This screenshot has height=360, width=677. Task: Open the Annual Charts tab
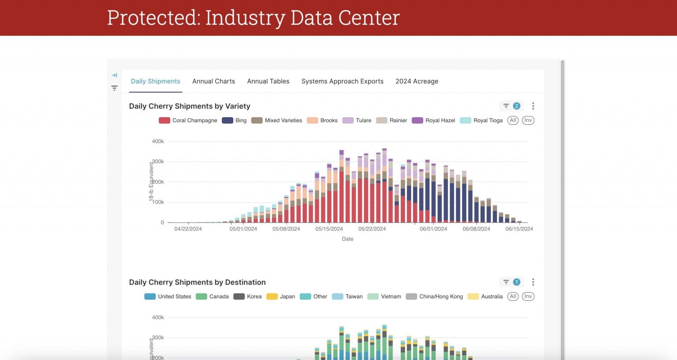(213, 81)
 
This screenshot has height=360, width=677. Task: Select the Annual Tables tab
(268, 81)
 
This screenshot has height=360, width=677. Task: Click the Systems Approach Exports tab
(342, 81)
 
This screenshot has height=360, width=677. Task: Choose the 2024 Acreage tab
(417, 81)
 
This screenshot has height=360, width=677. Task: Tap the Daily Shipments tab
(156, 81)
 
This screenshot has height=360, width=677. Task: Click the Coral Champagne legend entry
(188, 120)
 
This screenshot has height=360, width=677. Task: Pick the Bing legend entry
(234, 120)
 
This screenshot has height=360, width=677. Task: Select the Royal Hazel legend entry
(434, 120)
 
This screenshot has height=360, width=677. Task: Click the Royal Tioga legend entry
(481, 120)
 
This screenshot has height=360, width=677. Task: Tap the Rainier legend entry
(392, 120)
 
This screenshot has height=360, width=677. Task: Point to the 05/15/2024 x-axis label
(329, 229)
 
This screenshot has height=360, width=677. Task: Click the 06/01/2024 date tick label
(433, 229)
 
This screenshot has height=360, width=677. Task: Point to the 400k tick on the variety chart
(158, 141)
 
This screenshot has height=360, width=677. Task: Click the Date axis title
(347, 239)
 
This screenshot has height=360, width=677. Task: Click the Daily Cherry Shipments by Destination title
(197, 282)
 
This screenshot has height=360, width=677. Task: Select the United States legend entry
(168, 297)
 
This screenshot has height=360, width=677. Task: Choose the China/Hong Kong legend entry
(435, 297)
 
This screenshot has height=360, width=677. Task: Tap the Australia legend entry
(485, 297)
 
